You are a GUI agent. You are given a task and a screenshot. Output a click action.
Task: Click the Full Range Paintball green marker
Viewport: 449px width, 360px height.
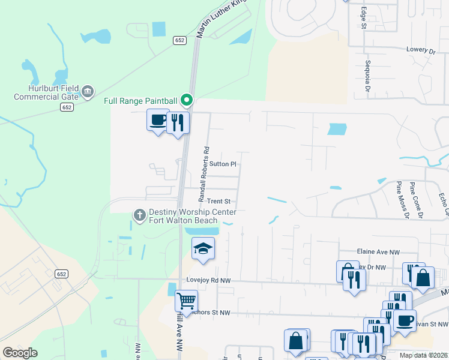point(187,100)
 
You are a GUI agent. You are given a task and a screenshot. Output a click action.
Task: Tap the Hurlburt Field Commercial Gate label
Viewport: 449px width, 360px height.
point(46,92)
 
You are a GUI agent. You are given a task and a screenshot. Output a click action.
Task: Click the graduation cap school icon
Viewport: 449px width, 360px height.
point(203,248)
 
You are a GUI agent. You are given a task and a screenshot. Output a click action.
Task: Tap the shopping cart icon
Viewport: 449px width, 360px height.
point(186,300)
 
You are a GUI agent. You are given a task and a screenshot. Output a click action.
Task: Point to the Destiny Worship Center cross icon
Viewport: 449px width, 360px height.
point(140,215)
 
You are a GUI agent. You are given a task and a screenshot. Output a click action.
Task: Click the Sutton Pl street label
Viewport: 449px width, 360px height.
point(224,164)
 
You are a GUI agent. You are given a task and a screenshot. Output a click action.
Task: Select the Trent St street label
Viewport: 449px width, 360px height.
point(218,202)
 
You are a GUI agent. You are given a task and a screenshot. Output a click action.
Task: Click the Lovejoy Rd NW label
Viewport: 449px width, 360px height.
point(208,280)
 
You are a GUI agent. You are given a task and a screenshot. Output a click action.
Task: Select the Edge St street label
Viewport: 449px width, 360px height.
point(363,17)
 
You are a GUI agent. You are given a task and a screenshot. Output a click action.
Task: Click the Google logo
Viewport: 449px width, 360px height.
point(20,353)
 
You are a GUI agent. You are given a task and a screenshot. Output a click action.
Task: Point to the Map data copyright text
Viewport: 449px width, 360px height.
point(423,355)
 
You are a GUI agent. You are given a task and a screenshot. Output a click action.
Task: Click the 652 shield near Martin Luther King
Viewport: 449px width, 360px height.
point(181,40)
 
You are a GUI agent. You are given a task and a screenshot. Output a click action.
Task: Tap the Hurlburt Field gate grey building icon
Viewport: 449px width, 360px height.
point(88,91)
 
